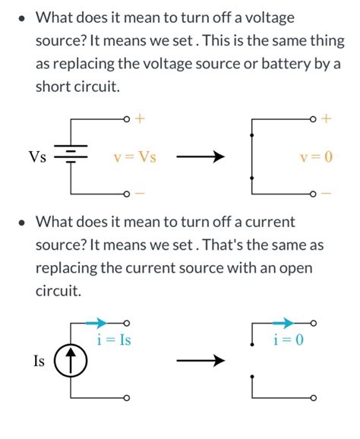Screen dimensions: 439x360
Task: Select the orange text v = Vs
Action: coord(134,157)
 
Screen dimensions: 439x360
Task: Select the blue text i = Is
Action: coord(114,340)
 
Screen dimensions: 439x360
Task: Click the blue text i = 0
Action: coord(289,340)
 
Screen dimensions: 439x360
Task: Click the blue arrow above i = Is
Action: coord(96,323)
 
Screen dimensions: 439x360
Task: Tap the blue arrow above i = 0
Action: coord(282,323)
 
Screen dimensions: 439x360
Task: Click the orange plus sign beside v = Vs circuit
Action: coord(140,119)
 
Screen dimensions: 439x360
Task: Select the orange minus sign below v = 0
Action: coord(326,194)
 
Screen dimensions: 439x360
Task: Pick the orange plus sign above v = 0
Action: coord(326,119)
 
